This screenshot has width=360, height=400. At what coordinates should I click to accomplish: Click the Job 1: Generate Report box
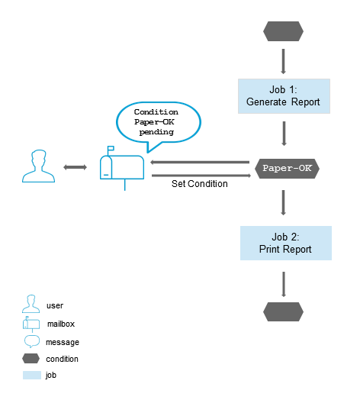pyautogui.click(x=284, y=95)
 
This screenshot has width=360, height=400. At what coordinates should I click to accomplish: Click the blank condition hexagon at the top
pyautogui.click(x=283, y=31)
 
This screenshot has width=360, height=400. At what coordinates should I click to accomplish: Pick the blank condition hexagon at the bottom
pyautogui.click(x=283, y=311)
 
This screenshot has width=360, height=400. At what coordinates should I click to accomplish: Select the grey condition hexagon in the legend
pyautogui.click(x=32, y=359)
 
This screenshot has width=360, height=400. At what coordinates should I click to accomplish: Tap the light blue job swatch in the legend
pyautogui.click(x=32, y=376)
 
